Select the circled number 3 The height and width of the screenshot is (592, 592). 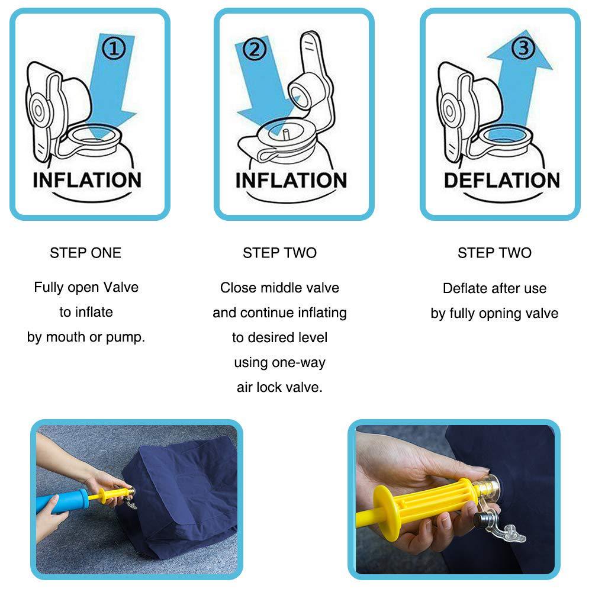click(x=523, y=48)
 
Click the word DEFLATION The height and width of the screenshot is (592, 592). click(x=501, y=180)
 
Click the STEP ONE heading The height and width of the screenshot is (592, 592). click(x=85, y=253)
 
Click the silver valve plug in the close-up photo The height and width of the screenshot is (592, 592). click(x=485, y=519)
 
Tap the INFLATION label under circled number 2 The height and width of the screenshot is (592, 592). click(x=291, y=180)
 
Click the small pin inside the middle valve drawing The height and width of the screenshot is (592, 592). click(x=284, y=133)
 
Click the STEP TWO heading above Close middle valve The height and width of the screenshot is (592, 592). click(x=279, y=253)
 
